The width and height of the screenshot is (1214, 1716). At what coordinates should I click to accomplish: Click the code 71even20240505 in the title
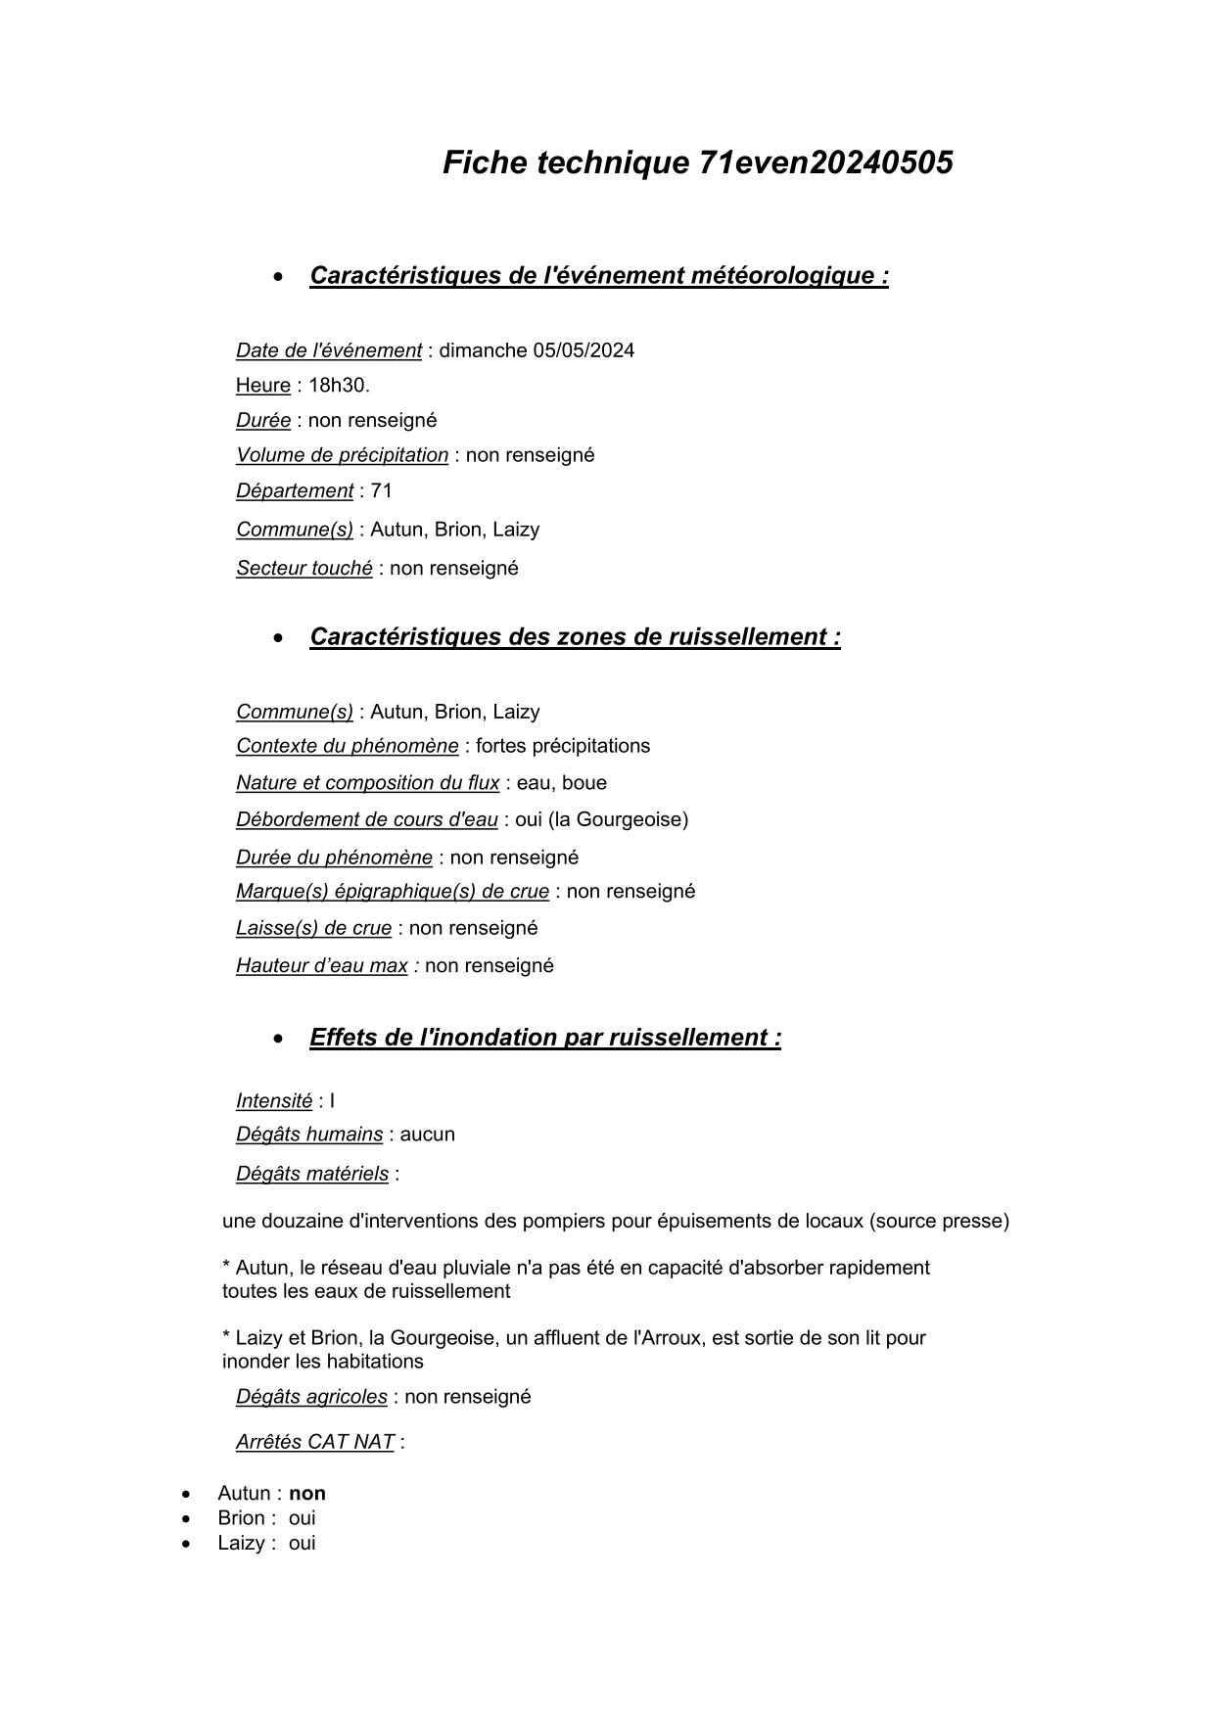[x=825, y=162]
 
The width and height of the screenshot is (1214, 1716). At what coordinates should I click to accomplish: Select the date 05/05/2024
[x=584, y=350]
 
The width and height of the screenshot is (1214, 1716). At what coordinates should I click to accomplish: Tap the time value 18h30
[x=338, y=386]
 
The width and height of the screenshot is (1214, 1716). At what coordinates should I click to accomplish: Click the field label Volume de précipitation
[x=342, y=455]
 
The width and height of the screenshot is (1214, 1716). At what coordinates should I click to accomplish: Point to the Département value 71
[x=381, y=490]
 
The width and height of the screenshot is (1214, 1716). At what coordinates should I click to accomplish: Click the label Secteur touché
[x=303, y=569]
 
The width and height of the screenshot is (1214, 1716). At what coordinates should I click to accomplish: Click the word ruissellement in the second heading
[x=747, y=637]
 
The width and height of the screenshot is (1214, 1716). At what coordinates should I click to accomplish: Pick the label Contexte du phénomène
[x=347, y=747]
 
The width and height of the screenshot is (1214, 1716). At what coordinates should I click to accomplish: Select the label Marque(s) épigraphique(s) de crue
[x=392, y=892]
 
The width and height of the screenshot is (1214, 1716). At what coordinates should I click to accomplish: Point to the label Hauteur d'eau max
[x=321, y=966]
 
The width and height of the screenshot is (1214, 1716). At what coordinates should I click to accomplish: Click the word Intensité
[x=273, y=1101]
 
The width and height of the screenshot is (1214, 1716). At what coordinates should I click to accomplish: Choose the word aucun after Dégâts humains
[x=427, y=1135]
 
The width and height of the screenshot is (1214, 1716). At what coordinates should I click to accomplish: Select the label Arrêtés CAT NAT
[x=314, y=1442]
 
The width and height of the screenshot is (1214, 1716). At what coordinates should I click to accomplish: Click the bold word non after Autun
[x=306, y=1494]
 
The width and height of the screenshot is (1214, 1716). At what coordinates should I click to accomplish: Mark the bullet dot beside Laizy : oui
[x=186, y=1545]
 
